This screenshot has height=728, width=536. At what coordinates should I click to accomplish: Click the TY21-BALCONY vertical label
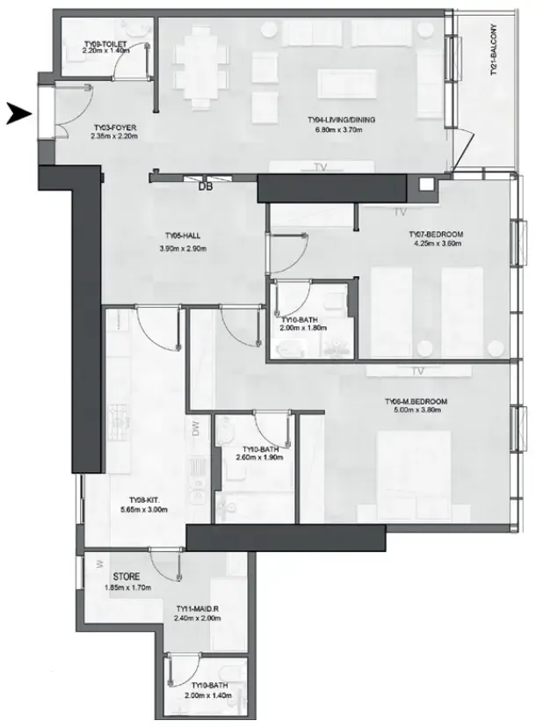point(494,50)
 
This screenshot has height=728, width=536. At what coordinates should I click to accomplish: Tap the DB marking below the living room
point(205,186)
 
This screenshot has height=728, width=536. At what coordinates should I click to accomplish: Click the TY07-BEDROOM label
point(436,235)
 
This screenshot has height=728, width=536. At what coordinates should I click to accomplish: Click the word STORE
point(127,577)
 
